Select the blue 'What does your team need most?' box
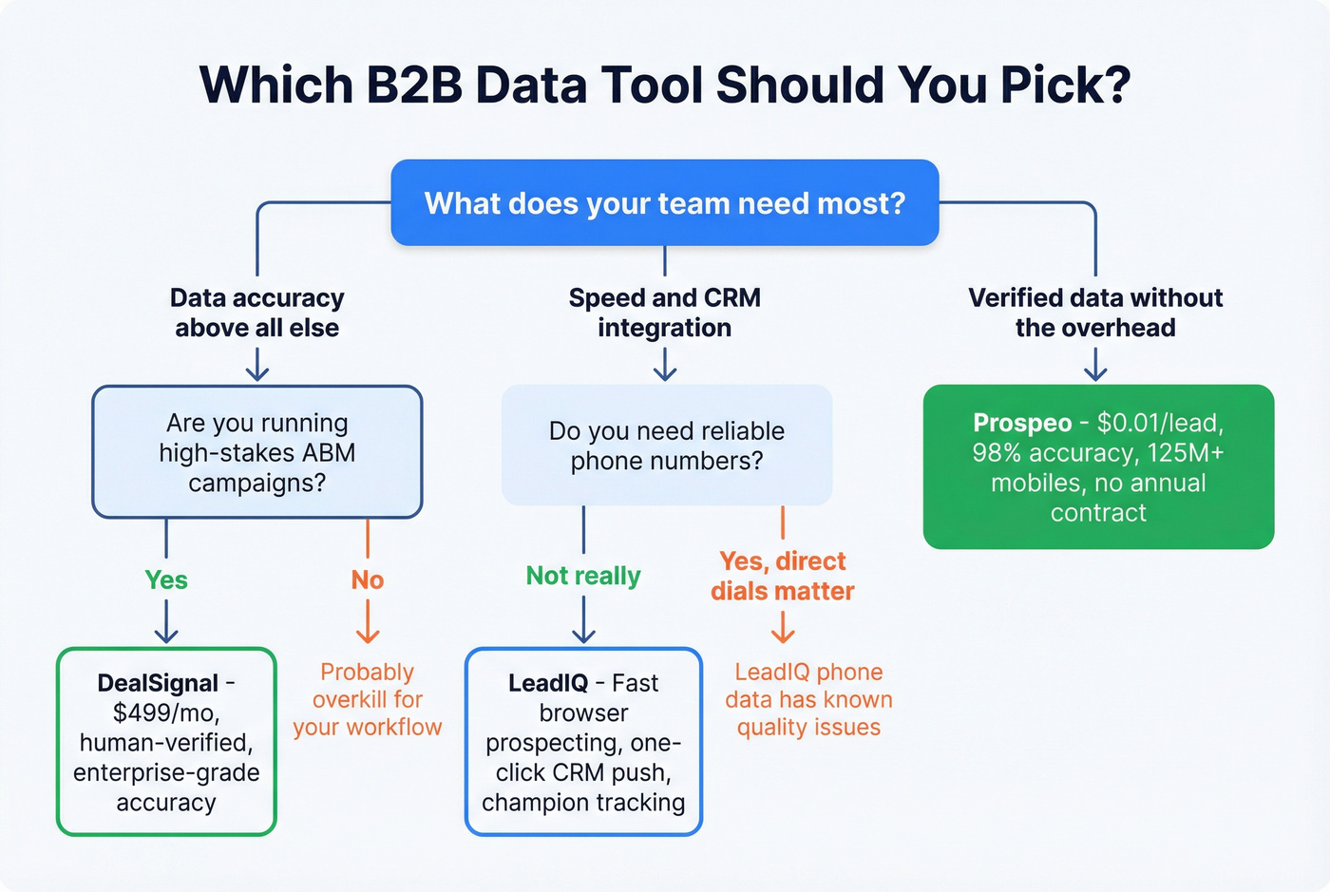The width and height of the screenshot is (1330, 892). tap(665, 203)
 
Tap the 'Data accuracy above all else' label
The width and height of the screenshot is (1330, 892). tap(256, 313)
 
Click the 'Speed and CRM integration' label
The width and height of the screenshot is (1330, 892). tap(665, 313)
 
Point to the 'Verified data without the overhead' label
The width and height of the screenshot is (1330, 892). tap(1095, 313)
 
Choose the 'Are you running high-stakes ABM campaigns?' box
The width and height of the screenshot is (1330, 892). tap(256, 452)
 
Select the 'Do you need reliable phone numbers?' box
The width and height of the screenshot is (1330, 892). tap(667, 446)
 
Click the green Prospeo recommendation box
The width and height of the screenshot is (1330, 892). tap(1098, 467)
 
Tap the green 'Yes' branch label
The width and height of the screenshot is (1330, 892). tap(166, 580)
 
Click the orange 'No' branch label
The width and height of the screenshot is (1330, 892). tap(368, 580)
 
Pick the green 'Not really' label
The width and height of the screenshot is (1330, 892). tap(583, 576)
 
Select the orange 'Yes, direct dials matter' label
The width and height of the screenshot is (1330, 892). tap(783, 577)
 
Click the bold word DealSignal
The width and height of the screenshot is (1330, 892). tap(158, 683)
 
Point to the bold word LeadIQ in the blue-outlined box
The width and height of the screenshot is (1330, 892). tap(548, 683)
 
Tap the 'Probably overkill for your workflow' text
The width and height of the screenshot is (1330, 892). tap(368, 700)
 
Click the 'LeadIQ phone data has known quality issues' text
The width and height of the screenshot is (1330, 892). tap(808, 700)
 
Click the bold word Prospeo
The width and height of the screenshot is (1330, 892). tap(1022, 423)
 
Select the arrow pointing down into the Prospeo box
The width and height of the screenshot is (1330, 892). tap(1095, 365)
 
